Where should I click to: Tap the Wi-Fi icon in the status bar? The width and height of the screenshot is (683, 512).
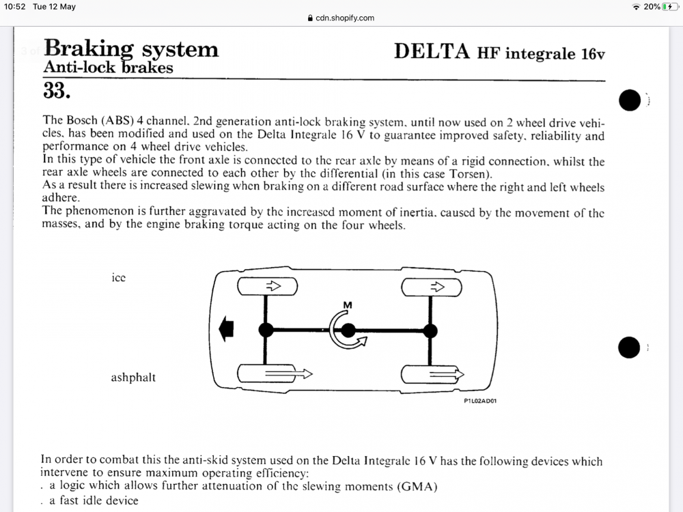coord(637,7)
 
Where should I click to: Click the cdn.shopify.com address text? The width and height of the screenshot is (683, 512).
coord(345,18)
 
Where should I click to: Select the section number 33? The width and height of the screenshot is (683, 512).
coord(57,89)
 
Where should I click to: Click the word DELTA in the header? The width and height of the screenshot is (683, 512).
coord(432,52)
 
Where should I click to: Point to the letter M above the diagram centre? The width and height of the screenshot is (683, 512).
coord(348,304)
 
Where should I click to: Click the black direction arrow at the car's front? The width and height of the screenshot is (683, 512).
coord(226,330)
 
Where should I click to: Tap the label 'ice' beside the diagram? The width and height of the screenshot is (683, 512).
coord(118,278)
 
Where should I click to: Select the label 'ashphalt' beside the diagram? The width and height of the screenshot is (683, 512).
coord(133,377)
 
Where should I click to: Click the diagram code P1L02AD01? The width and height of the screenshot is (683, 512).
coord(480,401)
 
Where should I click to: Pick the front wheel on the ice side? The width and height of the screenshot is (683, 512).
coord(267,287)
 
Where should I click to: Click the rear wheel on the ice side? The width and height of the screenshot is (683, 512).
coord(431,287)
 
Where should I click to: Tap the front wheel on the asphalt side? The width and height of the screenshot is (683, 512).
coord(267,374)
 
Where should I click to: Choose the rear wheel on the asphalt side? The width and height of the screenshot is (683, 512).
coord(431,374)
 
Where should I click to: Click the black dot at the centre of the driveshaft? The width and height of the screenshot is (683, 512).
coord(348,331)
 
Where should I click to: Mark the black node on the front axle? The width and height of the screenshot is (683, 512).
coord(266,330)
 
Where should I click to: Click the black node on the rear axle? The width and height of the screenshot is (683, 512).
coord(430,330)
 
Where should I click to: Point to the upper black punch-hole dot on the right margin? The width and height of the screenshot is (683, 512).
coord(629,100)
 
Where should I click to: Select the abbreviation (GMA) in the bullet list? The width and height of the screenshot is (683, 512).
coord(417,486)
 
